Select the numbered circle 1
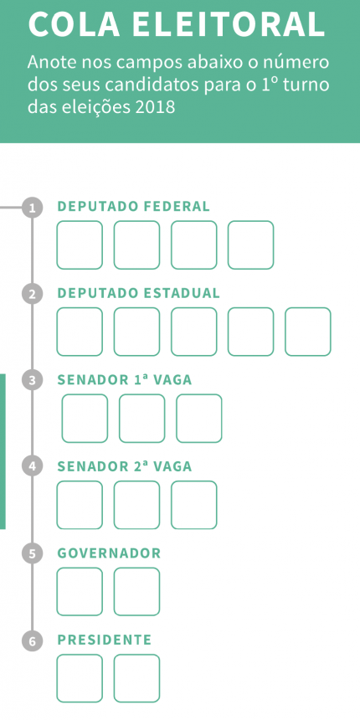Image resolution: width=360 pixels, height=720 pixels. click(32, 208)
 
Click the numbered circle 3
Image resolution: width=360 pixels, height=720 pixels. click(32, 381)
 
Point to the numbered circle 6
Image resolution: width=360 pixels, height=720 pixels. click(32, 641)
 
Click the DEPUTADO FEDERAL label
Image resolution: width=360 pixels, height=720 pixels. click(133, 207)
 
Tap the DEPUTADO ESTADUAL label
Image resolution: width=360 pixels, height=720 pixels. click(138, 293)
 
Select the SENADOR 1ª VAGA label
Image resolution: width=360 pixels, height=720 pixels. click(125, 380)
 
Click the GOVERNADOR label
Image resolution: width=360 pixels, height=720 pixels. click(109, 553)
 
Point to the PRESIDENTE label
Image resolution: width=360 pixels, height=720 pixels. click(105, 640)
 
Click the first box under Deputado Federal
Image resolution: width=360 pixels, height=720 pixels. click(80, 244)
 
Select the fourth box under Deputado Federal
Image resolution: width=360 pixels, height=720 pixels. click(250, 244)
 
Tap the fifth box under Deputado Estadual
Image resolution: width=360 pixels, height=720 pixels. click(307, 332)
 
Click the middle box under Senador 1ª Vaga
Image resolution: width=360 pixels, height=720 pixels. click(141, 419)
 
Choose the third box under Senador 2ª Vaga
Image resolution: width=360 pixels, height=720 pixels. click(193, 505)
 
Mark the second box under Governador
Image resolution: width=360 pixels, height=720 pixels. click(136, 591)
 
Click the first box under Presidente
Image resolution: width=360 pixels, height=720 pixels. click(80, 678)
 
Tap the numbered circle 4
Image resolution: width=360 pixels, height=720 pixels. click(32, 467)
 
